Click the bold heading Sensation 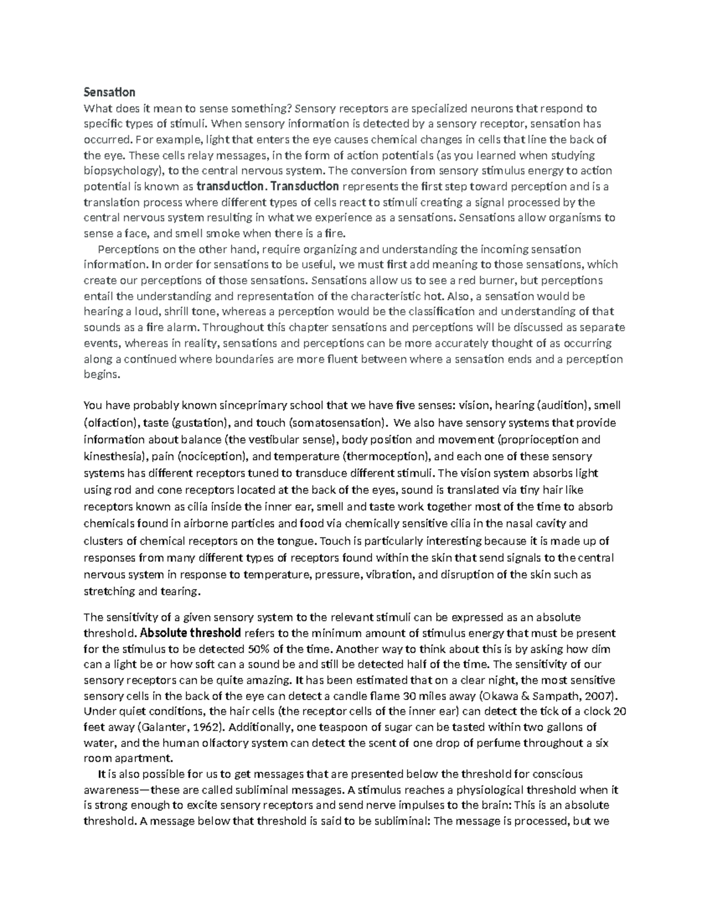click(110, 92)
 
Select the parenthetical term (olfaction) click(111, 423)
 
